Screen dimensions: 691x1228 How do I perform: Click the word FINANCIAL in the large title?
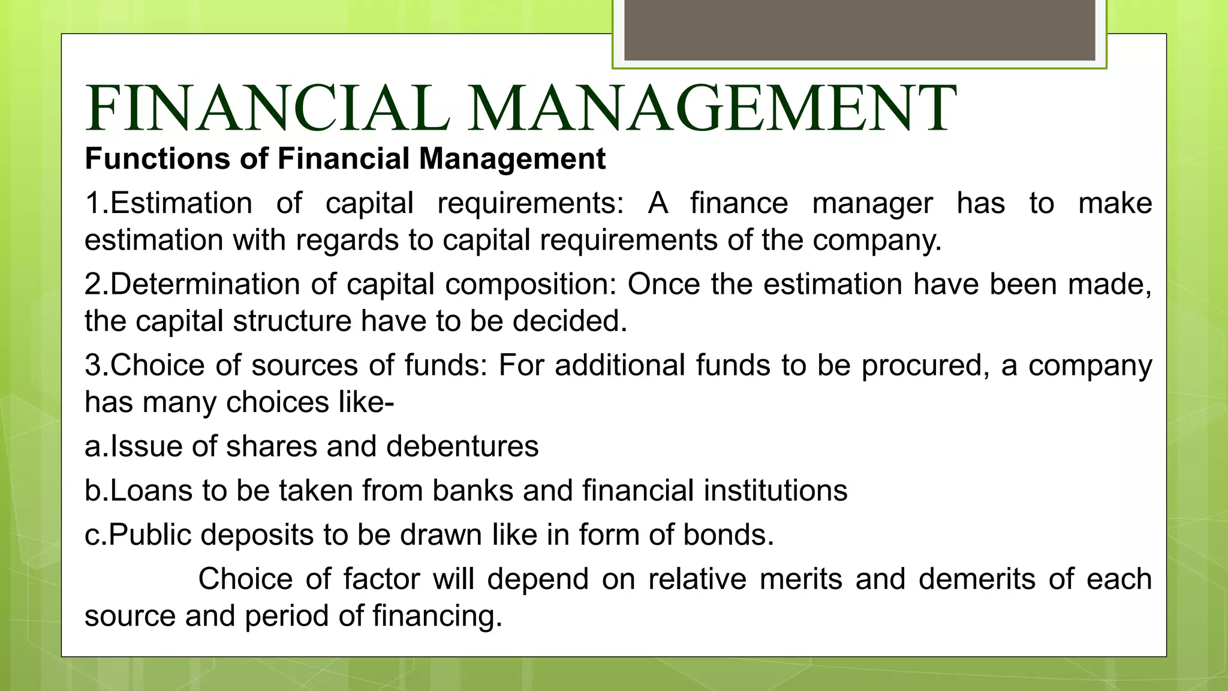267,109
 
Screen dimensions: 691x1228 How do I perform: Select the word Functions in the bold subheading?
157,159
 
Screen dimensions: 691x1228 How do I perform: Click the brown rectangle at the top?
859,30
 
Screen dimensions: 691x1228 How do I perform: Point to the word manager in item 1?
872,203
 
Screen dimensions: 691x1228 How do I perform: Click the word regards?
347,240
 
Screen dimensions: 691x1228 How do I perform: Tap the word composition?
531,284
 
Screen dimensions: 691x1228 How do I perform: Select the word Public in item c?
150,534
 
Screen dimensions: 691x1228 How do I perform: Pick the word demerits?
977,579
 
